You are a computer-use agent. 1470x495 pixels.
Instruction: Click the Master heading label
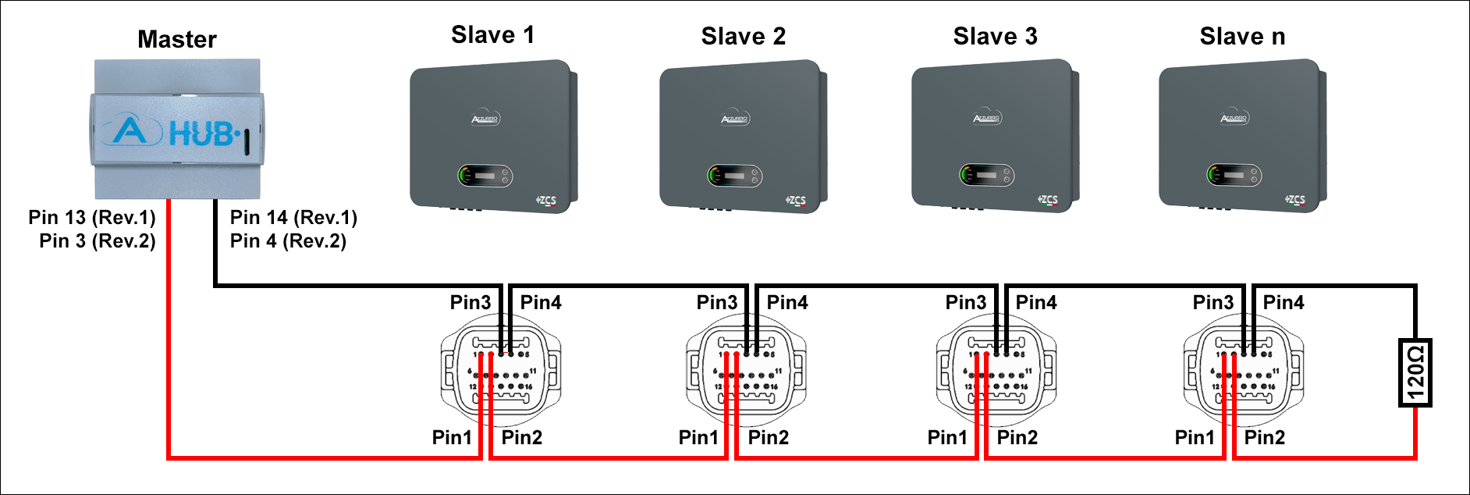[x=177, y=39]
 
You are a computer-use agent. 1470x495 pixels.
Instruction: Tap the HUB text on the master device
[x=201, y=134]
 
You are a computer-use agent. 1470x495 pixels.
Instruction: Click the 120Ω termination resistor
[x=1415, y=372]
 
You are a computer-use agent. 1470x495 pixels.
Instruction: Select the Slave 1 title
[x=492, y=35]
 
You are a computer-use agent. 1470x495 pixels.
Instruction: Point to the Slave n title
[x=1242, y=36]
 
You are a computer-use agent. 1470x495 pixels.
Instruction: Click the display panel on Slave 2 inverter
[x=734, y=176]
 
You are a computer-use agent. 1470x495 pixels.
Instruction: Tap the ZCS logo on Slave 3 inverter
[x=1048, y=200]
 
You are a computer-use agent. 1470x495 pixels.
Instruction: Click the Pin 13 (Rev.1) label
[x=92, y=217]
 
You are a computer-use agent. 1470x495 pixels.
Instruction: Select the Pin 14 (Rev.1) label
[x=293, y=217]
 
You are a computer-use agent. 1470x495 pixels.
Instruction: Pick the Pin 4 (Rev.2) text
[x=288, y=240]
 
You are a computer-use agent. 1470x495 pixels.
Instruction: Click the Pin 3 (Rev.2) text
[x=98, y=240]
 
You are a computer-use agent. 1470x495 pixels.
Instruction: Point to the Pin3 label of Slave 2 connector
[x=716, y=302]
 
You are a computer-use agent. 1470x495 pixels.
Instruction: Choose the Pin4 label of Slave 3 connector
[x=1036, y=302]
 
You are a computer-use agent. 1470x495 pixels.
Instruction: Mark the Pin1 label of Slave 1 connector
[x=452, y=437]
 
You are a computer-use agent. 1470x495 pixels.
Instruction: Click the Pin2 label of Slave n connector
[x=1264, y=437]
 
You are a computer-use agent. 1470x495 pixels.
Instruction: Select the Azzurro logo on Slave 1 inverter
[x=485, y=119]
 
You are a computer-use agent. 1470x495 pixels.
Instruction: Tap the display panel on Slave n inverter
[x=1234, y=175]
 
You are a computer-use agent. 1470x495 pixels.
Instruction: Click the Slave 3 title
[x=995, y=36]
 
